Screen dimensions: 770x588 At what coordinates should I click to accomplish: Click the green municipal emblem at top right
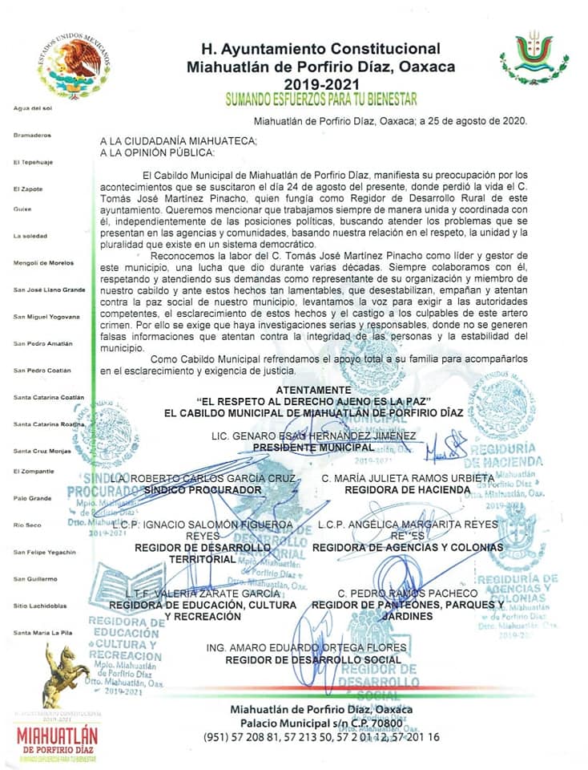534,58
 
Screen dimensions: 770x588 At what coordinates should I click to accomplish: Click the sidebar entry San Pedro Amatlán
42,343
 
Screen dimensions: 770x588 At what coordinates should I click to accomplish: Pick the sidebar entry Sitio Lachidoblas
40,606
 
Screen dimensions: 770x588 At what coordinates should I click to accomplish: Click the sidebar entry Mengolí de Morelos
43,263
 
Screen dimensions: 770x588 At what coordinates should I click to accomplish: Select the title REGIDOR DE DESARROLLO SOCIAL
312,659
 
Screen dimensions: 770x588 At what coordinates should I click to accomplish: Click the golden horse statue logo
65,674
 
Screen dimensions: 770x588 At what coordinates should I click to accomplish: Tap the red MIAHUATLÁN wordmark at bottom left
57,736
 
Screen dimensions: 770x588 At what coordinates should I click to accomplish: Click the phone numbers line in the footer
321,736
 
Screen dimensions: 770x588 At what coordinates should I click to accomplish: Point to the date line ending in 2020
389,121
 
